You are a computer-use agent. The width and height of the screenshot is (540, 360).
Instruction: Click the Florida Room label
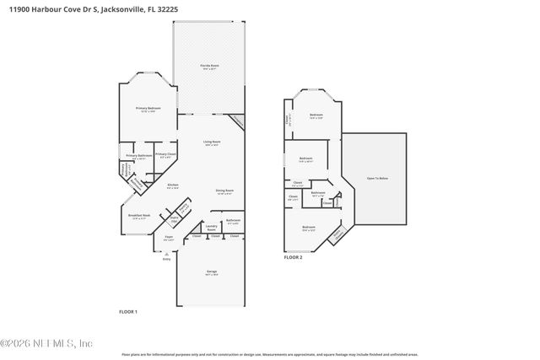209,65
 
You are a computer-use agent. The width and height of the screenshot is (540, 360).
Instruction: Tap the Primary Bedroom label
148,109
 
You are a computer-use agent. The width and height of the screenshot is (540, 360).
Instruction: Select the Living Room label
211,142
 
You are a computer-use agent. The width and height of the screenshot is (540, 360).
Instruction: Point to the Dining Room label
224,191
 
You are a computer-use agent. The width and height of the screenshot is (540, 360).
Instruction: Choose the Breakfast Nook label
140,216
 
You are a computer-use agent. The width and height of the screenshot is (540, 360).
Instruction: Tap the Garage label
211,272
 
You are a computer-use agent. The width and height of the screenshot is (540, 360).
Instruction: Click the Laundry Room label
212,227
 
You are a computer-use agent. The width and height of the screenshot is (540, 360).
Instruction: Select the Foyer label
169,239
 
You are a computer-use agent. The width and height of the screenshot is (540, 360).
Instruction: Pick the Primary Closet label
165,155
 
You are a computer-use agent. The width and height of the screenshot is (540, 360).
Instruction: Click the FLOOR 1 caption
127,312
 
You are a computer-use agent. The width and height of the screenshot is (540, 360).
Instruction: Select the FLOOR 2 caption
293,256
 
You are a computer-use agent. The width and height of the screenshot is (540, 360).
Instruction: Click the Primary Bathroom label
139,156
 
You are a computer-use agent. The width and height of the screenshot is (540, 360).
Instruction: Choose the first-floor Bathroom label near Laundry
233,221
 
